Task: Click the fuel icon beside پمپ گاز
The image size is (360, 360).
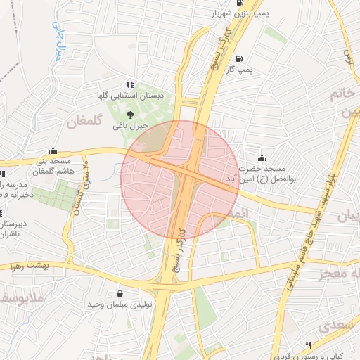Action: click(240, 59)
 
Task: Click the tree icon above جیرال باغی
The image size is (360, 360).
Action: click(130, 115)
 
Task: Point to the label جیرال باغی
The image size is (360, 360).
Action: click(131, 126)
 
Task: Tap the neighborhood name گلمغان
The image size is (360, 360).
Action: click(85, 122)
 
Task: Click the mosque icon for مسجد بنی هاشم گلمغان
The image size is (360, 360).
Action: click(53, 150)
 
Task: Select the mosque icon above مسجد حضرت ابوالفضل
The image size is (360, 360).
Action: click(262, 158)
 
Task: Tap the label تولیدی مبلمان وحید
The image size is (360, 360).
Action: click(116, 304)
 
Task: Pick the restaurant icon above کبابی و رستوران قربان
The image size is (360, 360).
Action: click(307, 345)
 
